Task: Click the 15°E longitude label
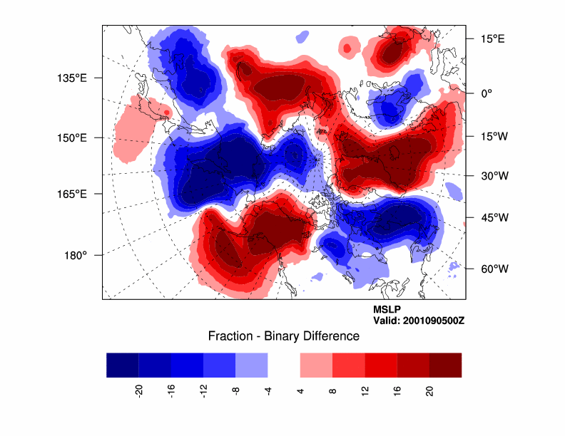pos(491,39)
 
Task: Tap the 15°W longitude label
pos(492,136)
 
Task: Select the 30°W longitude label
pos(492,175)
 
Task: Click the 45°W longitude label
pos(492,217)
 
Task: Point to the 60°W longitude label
pos(492,269)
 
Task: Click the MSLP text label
pos(387,310)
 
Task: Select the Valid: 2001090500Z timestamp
pos(419,321)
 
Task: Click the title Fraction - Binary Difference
pos(283,336)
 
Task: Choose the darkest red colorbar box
pos(445,365)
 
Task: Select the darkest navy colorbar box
pos(123,365)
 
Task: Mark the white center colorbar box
pos(283,365)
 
